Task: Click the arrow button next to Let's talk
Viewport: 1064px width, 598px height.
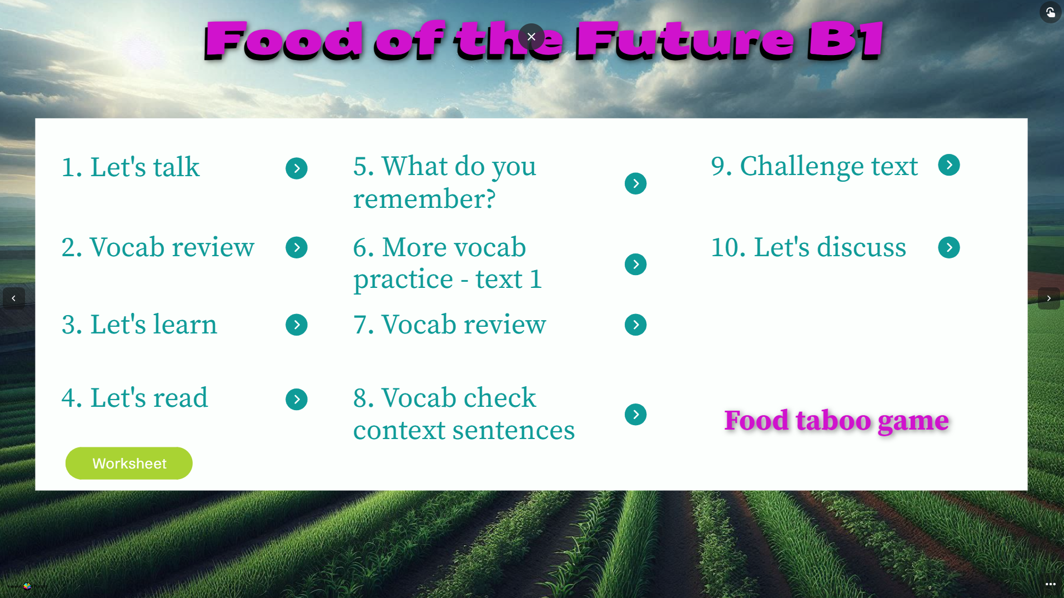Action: coord(297,168)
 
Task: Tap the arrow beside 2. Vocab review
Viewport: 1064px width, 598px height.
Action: coord(297,248)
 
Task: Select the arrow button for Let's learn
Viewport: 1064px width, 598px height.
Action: coord(297,325)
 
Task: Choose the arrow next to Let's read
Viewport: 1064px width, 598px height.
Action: coord(297,400)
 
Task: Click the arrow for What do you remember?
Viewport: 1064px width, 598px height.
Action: coord(636,184)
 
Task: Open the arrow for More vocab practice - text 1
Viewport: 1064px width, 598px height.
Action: coord(636,265)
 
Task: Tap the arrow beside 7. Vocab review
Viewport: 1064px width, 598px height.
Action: coord(636,325)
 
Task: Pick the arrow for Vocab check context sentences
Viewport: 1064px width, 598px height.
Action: coord(636,415)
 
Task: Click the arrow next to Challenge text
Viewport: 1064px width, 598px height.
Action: coord(949,165)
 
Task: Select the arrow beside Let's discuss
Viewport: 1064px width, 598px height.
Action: coord(949,248)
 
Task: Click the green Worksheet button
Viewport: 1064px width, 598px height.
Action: coord(129,464)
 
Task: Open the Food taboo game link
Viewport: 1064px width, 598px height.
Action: coord(836,420)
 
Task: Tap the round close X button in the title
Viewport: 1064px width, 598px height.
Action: coord(531,37)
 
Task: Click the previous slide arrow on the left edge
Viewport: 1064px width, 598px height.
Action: coord(14,298)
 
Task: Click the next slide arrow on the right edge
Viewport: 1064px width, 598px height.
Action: coord(1049,298)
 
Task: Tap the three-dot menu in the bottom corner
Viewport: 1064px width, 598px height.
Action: coord(1051,584)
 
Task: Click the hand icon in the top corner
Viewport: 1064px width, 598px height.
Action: coord(1051,12)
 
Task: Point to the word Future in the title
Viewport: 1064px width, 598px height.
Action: coord(686,40)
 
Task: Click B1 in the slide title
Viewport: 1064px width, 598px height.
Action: coord(846,40)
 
